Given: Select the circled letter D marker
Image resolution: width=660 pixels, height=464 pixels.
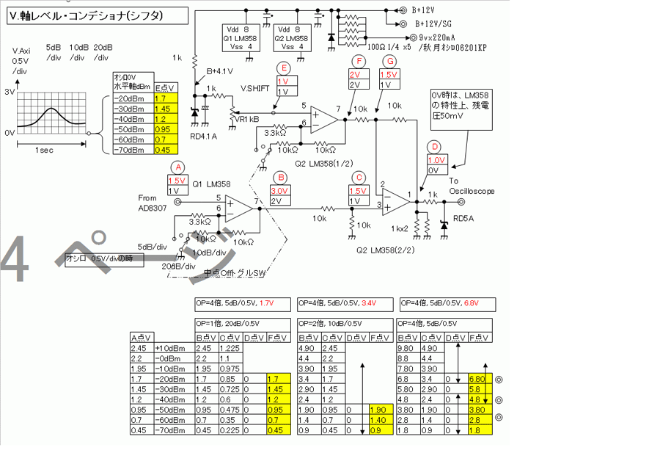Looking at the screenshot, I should click(436, 146).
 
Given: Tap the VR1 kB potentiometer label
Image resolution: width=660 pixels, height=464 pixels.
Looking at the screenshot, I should click(246, 118).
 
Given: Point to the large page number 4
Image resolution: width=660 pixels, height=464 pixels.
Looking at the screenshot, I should click(15, 260).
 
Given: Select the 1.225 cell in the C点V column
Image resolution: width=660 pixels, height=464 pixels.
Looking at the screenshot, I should click(230, 347).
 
